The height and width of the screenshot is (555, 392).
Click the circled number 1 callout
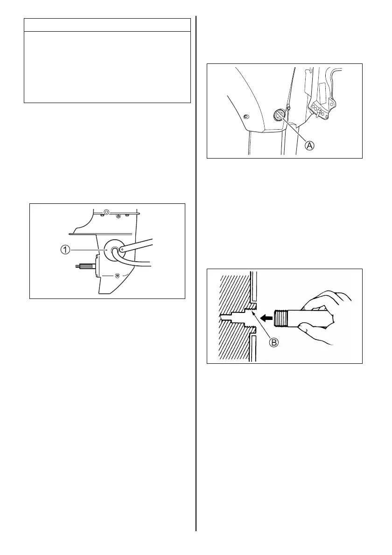pos(66,250)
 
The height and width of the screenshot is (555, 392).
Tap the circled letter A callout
pos(309,145)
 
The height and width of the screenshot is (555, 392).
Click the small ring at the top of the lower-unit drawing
pos(107,212)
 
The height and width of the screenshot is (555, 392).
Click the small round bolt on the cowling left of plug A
pos(247,116)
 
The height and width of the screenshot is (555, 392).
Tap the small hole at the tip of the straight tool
pos(122,250)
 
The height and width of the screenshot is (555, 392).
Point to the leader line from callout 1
pos(89,250)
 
